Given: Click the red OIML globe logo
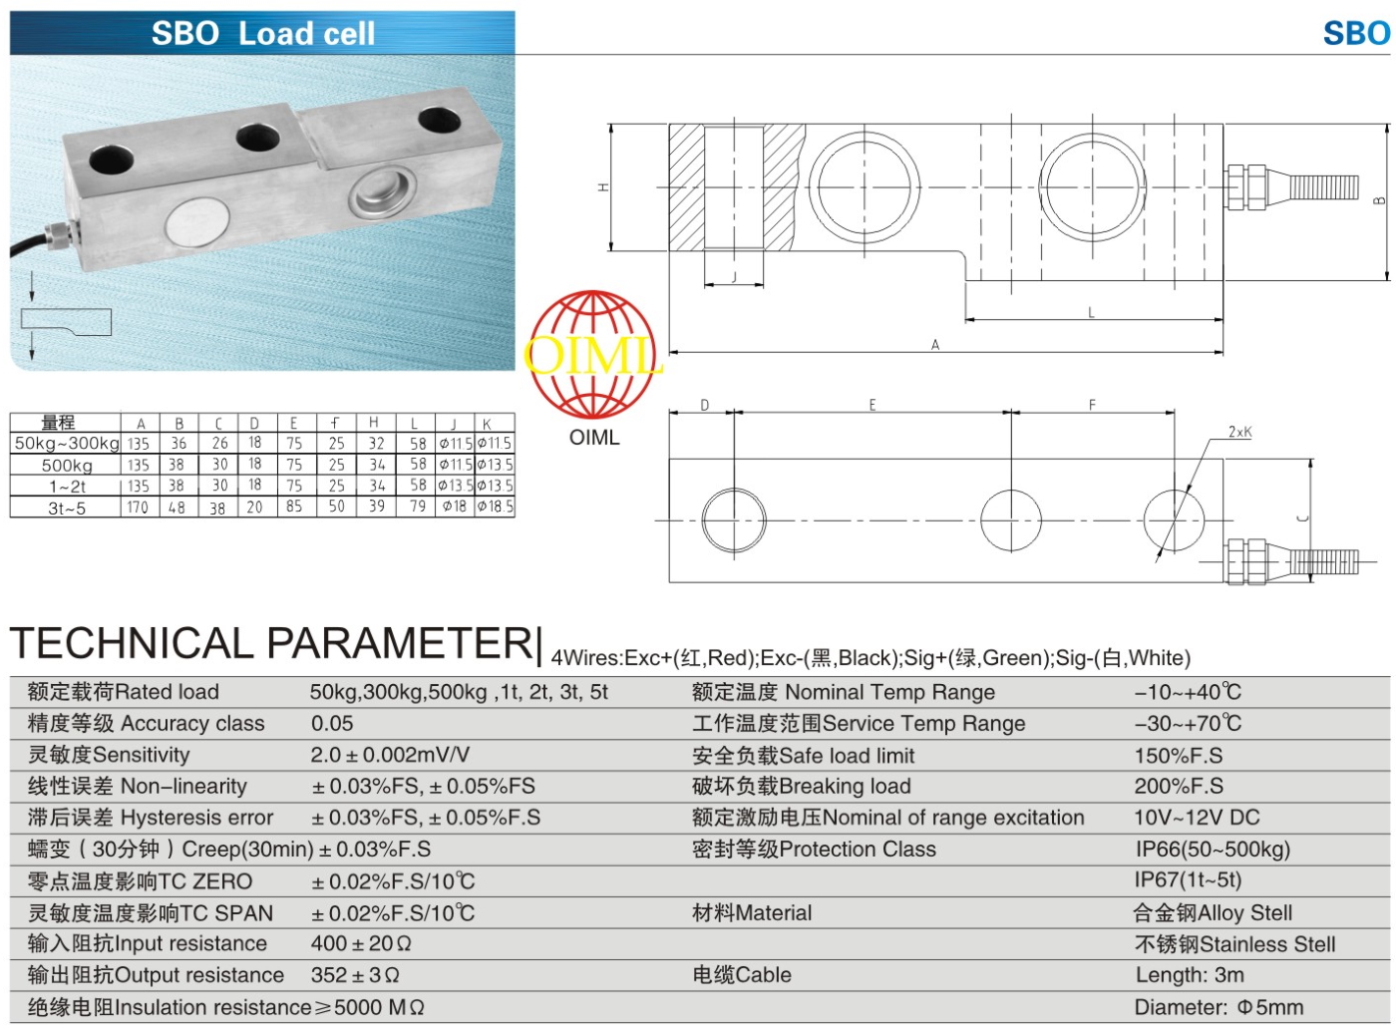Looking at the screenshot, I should pyautogui.click(x=592, y=355).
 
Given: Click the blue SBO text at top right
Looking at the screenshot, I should pyautogui.click(x=1355, y=33).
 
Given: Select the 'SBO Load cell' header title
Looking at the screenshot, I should pyautogui.click(x=263, y=33).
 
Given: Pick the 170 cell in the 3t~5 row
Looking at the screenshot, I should pyautogui.click(x=138, y=508).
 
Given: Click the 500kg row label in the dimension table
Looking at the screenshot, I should pyautogui.click(x=67, y=466).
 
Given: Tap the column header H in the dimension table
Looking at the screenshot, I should pyautogui.click(x=373, y=423).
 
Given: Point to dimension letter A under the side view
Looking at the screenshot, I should pyautogui.click(x=934, y=345).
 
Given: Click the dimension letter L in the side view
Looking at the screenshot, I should pyautogui.click(x=1091, y=313).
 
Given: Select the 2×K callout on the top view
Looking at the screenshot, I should pyautogui.click(x=1239, y=432).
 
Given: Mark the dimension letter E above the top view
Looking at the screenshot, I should pyautogui.click(x=872, y=405).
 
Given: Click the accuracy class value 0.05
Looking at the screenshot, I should pyautogui.click(x=332, y=724).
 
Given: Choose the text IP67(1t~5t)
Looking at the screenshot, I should pyautogui.click(x=1188, y=880).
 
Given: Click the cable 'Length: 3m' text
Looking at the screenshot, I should pyautogui.click(x=1190, y=975).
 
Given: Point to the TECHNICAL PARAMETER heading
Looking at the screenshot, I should pyautogui.click(x=271, y=644).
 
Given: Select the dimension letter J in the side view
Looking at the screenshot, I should pyautogui.click(x=734, y=277).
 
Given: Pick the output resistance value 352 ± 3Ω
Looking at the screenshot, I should pyautogui.click(x=355, y=975).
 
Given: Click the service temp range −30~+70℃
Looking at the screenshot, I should pyautogui.click(x=1188, y=724).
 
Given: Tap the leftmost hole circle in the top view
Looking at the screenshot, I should pyautogui.click(x=734, y=519).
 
